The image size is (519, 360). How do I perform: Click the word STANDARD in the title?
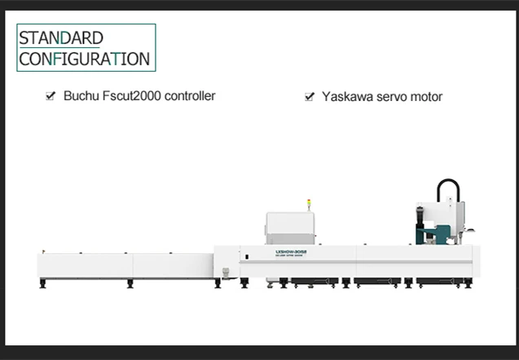60,38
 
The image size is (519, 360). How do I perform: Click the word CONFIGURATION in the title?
84,59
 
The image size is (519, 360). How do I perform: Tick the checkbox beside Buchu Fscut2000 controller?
51,96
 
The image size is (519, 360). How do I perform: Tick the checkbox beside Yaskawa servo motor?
309,97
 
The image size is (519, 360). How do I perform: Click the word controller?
190,96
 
